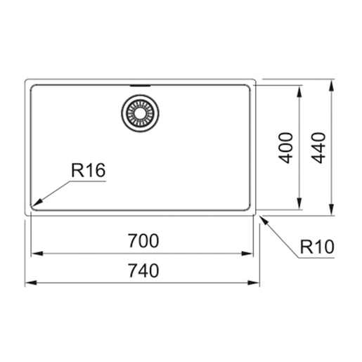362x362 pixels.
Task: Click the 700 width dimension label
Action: [143, 240]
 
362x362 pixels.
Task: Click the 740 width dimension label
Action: [143, 271]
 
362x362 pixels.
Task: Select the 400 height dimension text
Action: [285, 148]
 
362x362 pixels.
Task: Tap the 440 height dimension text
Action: [318, 148]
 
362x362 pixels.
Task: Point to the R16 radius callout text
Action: [89, 170]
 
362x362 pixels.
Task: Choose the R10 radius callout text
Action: [317, 247]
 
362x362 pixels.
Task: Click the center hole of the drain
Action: [140, 113]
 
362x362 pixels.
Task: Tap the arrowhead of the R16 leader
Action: [37, 202]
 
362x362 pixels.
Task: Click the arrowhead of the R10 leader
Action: [264, 221]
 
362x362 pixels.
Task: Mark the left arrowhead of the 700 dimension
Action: [37, 254]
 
